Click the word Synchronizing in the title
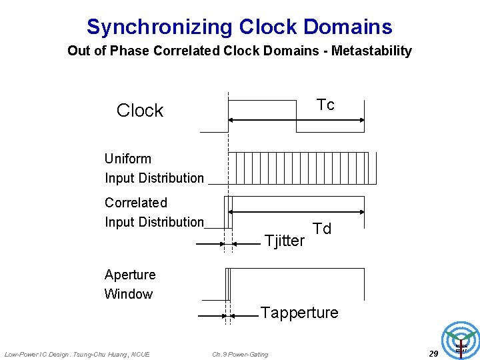pos(159,27)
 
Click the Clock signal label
pos(140,110)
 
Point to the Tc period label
pos(325,105)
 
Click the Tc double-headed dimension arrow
pos(297,120)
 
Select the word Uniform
pos(128,159)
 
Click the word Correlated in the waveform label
pos(136,203)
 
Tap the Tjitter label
pos(285,241)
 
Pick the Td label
pos(322,229)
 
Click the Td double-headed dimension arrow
pos(297,211)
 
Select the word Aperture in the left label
pos(130,275)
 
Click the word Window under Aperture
pos(129,294)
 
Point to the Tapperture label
pos(299,313)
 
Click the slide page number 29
pos(433,353)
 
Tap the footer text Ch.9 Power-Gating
pos(240,354)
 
